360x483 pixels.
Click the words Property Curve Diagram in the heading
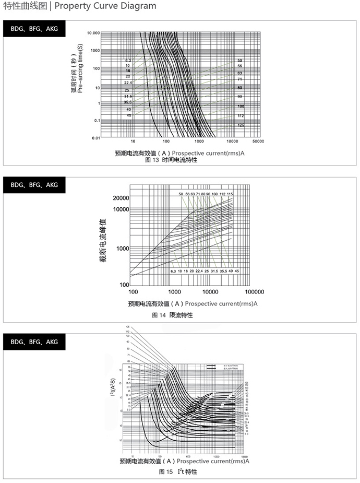coord(105,6)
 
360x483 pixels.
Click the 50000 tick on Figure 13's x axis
coord(257,142)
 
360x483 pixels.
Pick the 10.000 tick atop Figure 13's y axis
coord(93,32)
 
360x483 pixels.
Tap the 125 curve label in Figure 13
coord(241,125)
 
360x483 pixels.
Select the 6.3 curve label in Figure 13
coord(128,61)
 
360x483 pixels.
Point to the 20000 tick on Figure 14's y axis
coord(121,198)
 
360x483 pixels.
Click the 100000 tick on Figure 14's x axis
coord(254,292)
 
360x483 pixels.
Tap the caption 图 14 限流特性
coord(172,315)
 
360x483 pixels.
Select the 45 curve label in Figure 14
coord(236,272)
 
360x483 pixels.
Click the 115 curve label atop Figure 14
coord(230,194)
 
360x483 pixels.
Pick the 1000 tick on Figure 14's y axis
coord(122,248)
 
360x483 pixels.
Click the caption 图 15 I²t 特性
coord(178,472)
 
